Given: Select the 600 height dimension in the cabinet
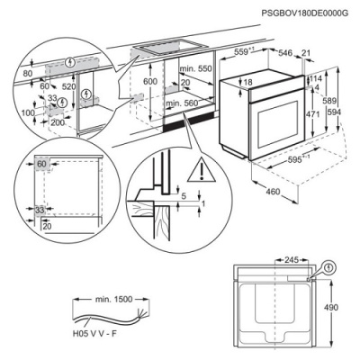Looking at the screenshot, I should pos(150,82).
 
